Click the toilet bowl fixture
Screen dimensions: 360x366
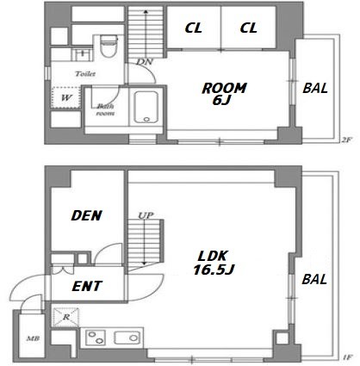tap(109, 46)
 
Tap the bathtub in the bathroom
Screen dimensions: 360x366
tap(146, 108)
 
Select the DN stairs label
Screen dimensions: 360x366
tap(145, 62)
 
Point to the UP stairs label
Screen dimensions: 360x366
tap(146, 215)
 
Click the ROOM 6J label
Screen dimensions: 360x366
tap(224, 94)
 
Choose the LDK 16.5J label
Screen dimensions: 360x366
tap(214, 263)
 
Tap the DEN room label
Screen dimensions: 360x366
tap(86, 215)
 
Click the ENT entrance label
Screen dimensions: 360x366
tap(87, 286)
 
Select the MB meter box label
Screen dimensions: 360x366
tap(33, 338)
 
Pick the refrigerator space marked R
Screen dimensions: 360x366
tap(66, 317)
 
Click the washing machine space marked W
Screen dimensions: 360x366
tap(65, 97)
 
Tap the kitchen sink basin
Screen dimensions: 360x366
tap(127, 338)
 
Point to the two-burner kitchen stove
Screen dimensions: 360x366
tap(96, 338)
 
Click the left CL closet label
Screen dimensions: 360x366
tap(194, 28)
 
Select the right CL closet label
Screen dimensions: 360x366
tap(248, 28)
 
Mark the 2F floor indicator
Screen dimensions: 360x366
tap(346, 140)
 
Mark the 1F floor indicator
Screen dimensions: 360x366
tap(347, 357)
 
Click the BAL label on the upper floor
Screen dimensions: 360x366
tap(315, 88)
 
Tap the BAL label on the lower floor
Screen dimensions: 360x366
tap(314, 279)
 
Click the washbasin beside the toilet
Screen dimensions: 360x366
tap(82, 54)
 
